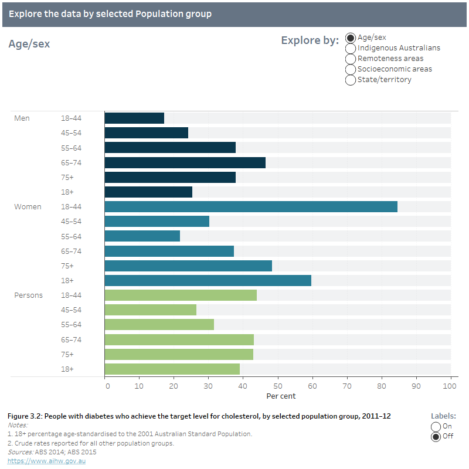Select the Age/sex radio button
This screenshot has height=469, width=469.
tap(351, 38)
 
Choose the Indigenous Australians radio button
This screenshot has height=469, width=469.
tap(351, 48)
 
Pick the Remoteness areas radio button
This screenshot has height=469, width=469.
tap(351, 59)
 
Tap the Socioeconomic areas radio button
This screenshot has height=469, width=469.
tap(351, 69)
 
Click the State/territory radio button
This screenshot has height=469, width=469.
tap(351, 80)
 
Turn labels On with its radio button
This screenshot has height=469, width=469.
tap(436, 426)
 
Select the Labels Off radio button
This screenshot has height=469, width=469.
tap(436, 436)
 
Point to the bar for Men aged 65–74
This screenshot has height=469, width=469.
tap(185, 162)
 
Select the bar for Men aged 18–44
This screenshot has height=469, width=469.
tap(134, 118)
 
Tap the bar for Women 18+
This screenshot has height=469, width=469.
tap(208, 280)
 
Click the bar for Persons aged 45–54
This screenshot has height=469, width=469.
tap(150, 310)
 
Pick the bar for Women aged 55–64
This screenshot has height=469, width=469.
tap(142, 236)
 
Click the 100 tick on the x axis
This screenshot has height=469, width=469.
tap(450, 386)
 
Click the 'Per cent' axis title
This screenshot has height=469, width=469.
tap(281, 396)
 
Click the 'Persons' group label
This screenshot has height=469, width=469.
tap(28, 295)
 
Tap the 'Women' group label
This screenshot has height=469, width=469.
tap(28, 207)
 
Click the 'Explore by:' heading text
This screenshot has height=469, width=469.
tap(310, 40)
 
